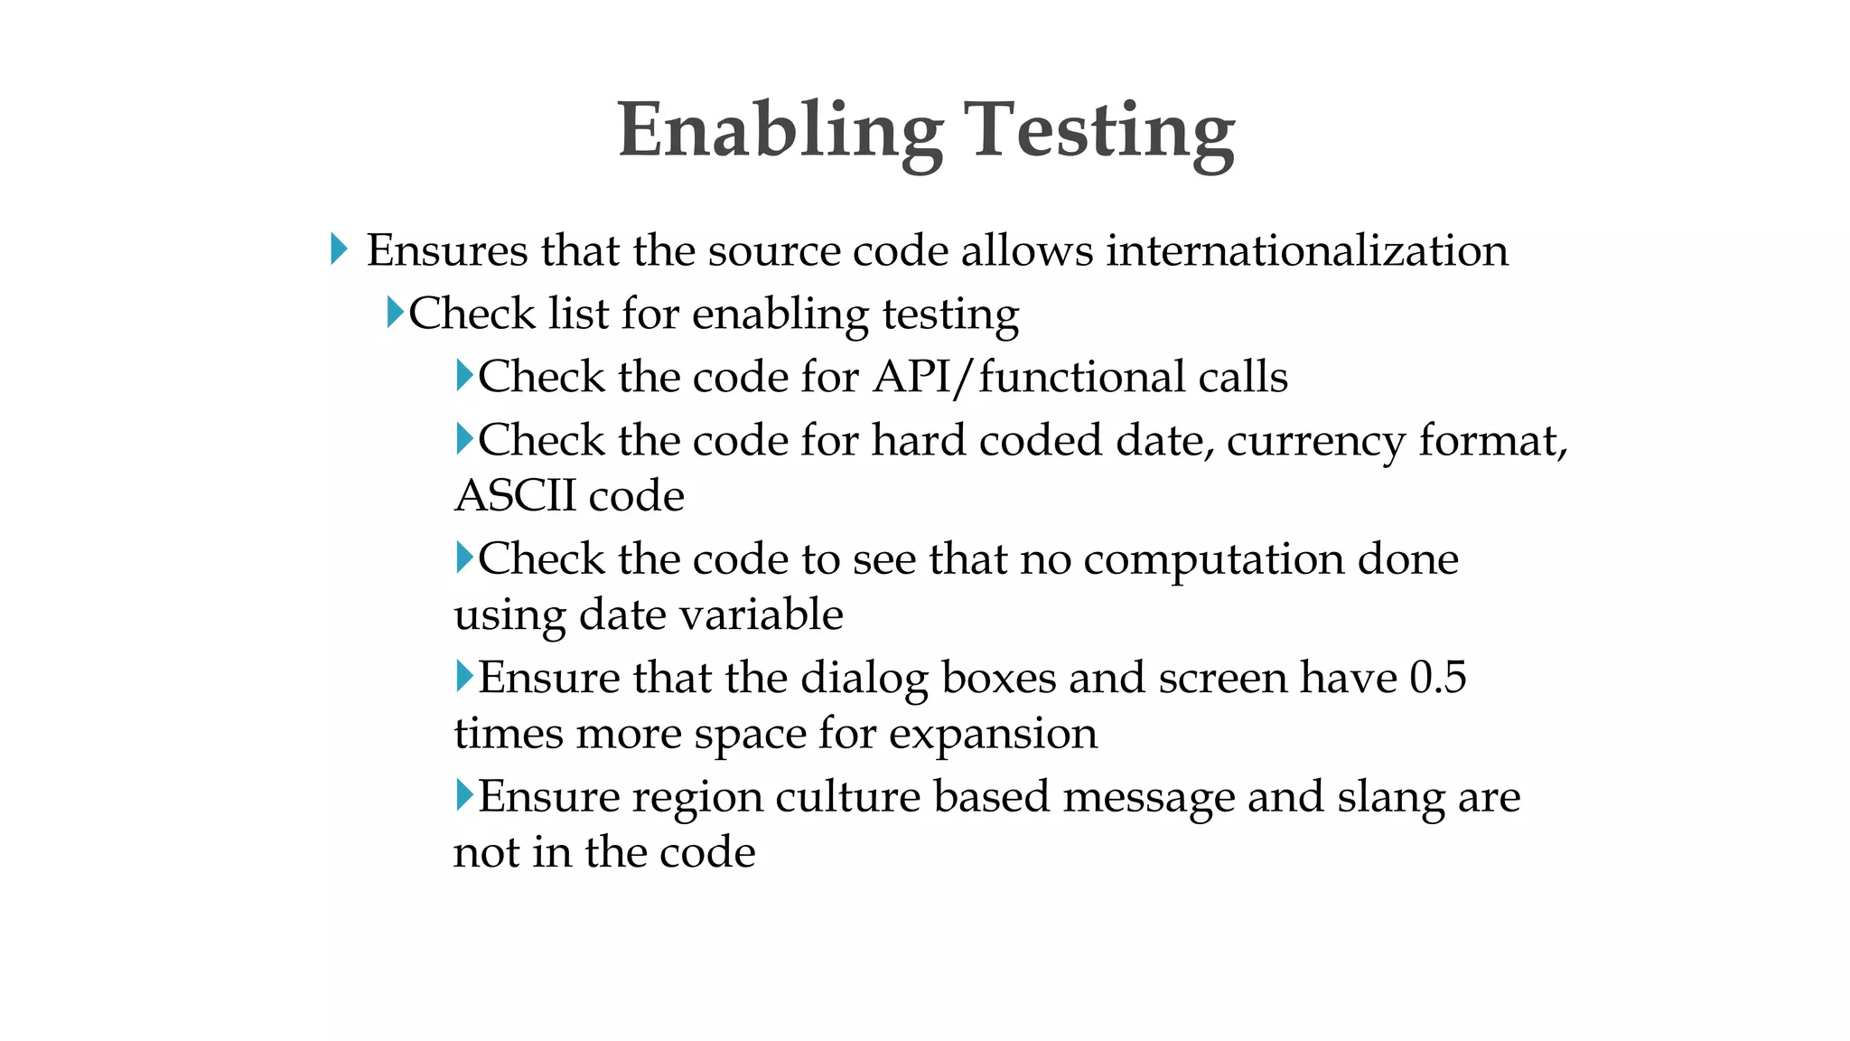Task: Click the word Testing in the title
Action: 1099,132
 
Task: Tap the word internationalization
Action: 1307,250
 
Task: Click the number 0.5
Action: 1437,678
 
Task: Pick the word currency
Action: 1315,441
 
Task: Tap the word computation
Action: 1213,559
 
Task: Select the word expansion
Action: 993,733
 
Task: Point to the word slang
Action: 1389,797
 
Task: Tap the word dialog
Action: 864,678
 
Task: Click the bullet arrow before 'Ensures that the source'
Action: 339,249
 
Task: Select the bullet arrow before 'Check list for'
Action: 395,313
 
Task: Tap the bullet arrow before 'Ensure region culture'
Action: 464,795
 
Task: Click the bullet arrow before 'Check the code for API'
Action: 464,375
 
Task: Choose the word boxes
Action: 998,678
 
